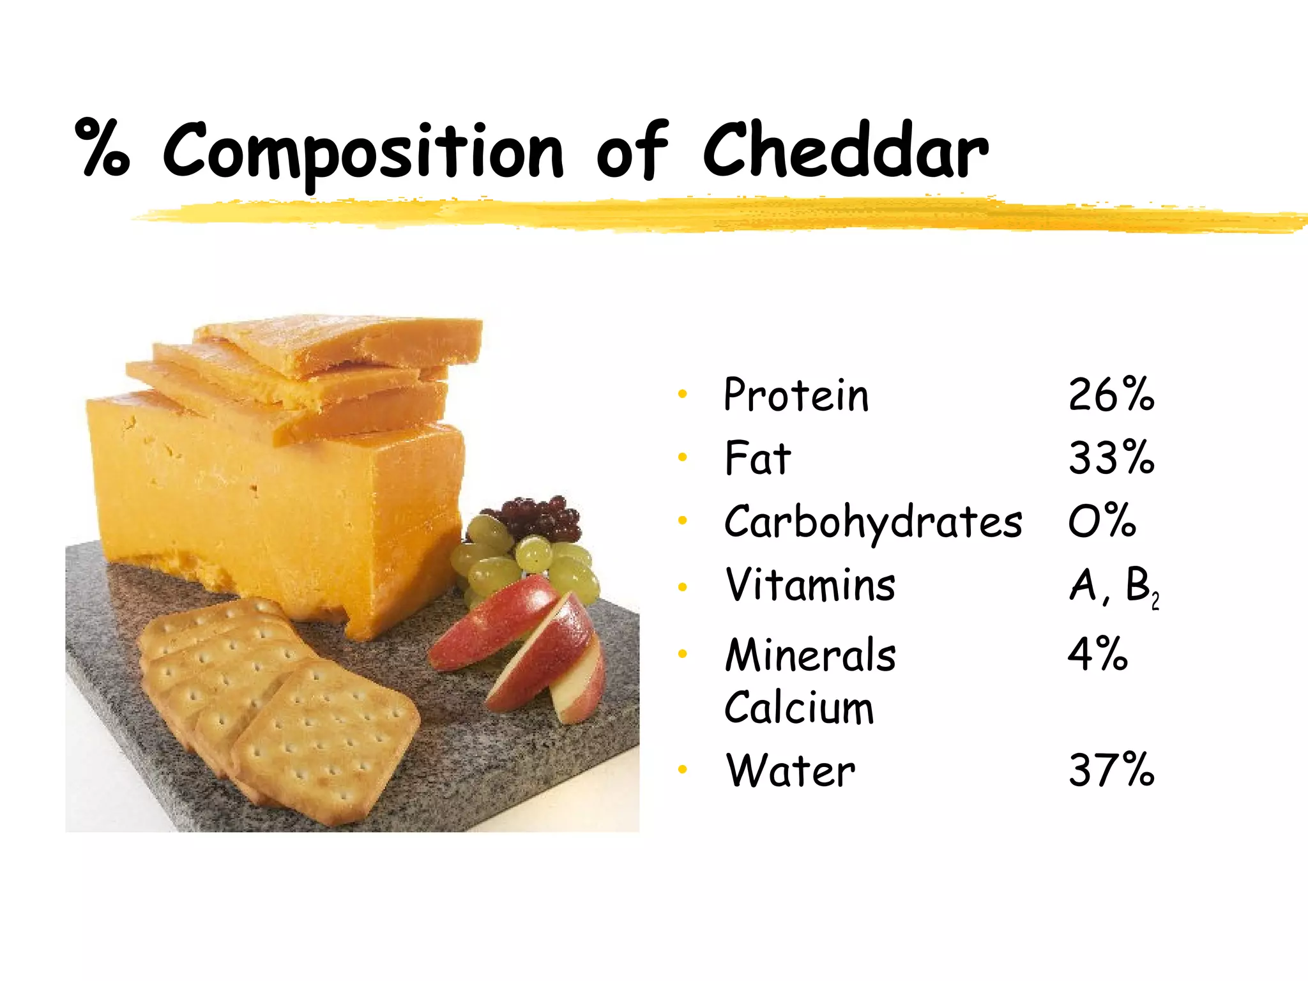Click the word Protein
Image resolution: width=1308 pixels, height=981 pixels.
click(796, 395)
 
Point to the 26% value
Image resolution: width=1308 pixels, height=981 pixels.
click(1111, 395)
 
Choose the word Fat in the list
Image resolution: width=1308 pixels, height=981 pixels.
click(757, 458)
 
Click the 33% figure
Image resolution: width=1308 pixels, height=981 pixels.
click(1111, 458)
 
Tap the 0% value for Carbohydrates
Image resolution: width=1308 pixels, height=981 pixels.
click(1102, 521)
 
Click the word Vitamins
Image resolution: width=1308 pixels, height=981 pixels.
click(810, 585)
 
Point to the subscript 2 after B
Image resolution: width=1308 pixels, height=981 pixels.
click(1155, 602)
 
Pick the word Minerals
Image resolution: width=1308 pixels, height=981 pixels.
click(810, 655)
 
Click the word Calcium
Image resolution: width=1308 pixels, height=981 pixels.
click(798, 708)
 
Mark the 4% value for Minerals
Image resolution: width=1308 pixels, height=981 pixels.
click(1097, 654)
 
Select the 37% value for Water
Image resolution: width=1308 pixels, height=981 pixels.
click(1111, 770)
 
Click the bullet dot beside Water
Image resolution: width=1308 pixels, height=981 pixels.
click(682, 770)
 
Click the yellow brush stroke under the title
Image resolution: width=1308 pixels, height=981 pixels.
click(703, 214)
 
